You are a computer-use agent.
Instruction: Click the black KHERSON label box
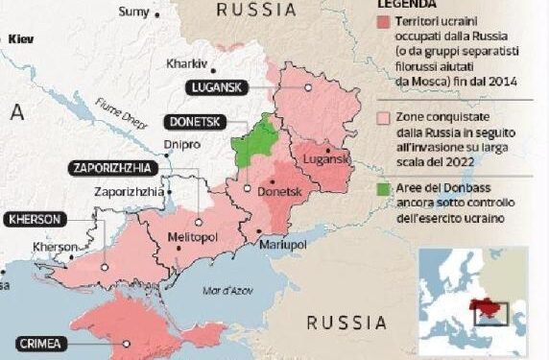click(36, 219)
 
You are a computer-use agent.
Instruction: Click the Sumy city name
click(132, 12)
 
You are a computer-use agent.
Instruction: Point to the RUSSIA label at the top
click(255, 11)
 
